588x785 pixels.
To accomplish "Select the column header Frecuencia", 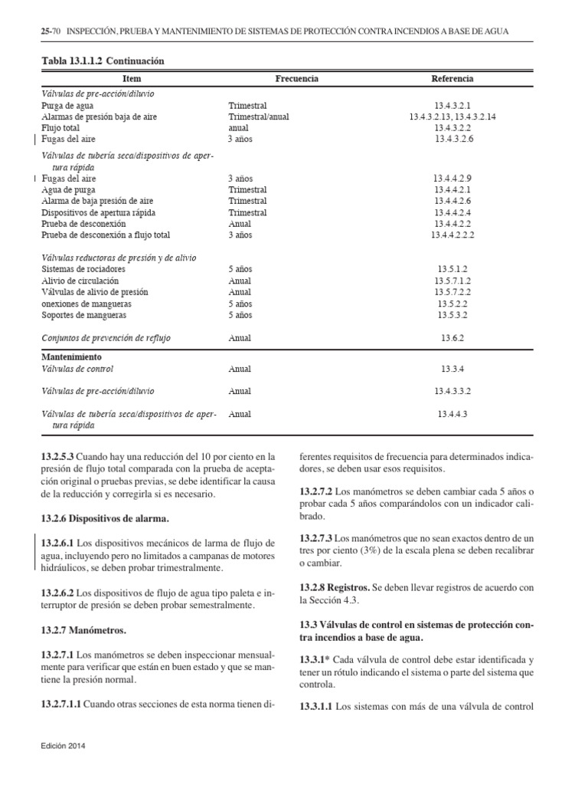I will coord(296,79).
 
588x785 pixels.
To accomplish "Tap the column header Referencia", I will coord(452,79).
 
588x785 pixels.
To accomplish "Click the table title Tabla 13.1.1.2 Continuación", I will coord(102,60).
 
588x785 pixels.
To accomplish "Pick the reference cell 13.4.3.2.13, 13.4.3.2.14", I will coord(453,116).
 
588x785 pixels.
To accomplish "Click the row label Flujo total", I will coord(61,127).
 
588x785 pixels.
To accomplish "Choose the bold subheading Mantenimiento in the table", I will coord(71,357).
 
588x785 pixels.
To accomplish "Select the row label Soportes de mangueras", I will coord(84,315).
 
